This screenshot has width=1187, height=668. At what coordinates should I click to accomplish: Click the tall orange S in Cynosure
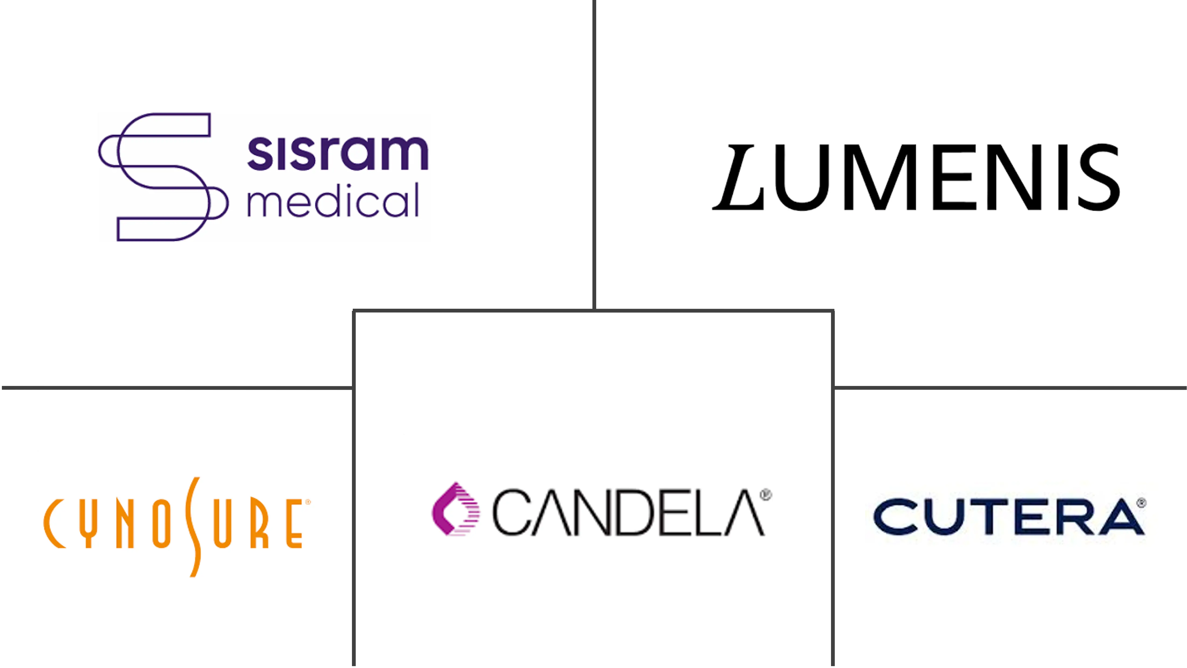pos(193,527)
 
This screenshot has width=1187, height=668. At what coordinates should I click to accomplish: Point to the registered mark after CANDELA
pos(766,495)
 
